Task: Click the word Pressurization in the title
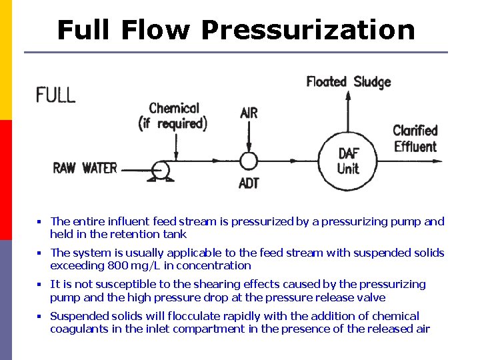[x=307, y=30]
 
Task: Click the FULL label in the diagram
[x=56, y=95]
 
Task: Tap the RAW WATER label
[x=85, y=168]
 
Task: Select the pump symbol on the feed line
[x=160, y=171]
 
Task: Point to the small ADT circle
[x=248, y=161]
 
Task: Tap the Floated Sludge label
[x=348, y=82]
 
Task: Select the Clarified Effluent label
[x=415, y=139]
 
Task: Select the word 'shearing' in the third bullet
[x=193, y=285]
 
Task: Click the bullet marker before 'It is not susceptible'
[x=39, y=285]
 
